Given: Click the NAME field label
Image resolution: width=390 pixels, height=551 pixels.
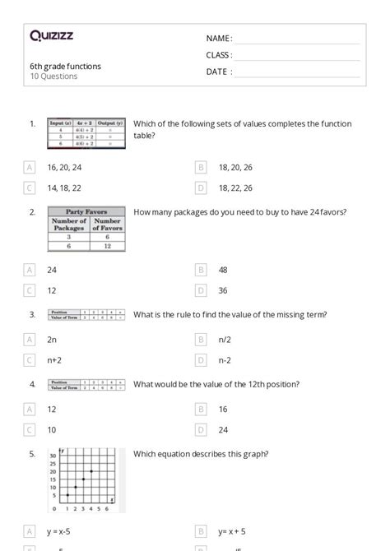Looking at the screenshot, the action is click(x=218, y=39).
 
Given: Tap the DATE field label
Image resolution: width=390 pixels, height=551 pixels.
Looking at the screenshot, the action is click(x=218, y=72).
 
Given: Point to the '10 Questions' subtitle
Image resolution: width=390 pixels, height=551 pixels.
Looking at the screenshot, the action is click(x=53, y=76).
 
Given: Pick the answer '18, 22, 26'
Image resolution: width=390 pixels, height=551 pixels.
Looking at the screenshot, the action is click(x=235, y=188).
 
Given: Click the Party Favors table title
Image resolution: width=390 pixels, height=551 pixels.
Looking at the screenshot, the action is click(x=87, y=212).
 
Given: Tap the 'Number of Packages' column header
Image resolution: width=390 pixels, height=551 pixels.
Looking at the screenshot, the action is click(x=69, y=225).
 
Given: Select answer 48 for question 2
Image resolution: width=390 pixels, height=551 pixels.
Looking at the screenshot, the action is click(x=223, y=270).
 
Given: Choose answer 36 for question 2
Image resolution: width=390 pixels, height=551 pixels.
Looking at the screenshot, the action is click(x=223, y=290).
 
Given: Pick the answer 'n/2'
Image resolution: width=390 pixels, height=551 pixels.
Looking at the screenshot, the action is click(x=224, y=339).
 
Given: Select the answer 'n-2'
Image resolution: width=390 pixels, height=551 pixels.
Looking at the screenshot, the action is click(x=224, y=360).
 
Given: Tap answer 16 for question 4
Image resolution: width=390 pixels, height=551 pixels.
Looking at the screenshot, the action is click(x=223, y=409).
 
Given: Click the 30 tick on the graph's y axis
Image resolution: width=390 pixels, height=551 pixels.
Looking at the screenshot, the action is click(x=53, y=456).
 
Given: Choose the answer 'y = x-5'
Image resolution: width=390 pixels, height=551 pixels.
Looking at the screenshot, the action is click(x=62, y=531).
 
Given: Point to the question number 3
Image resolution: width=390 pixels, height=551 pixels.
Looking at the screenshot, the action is click(x=32, y=314).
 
